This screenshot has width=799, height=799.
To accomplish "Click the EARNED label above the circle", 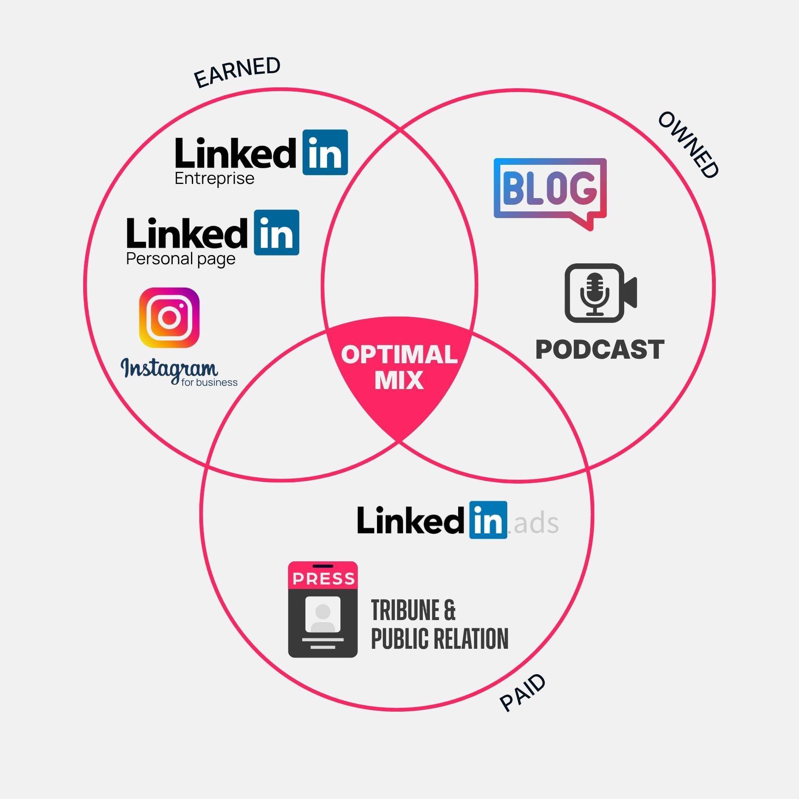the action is click(237, 72).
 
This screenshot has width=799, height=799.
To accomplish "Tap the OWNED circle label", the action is click(688, 145).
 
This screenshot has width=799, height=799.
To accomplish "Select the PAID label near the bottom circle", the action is click(523, 692).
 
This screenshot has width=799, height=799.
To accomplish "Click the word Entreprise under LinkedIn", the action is click(214, 179).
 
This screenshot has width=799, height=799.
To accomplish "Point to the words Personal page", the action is click(181, 259).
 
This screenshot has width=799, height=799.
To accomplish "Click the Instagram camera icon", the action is click(169, 318).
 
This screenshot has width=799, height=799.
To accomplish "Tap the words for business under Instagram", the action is click(209, 382).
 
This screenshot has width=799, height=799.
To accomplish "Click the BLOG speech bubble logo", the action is click(550, 189).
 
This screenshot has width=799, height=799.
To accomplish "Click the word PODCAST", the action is click(600, 349).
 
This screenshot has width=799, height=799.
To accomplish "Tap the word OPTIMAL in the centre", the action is click(399, 355).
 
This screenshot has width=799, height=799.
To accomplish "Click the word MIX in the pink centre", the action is click(399, 380).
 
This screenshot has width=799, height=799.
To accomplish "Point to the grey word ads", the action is click(536, 524).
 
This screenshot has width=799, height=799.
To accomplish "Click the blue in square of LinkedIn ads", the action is click(488, 520).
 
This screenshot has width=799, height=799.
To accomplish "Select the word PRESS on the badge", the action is click(323, 579).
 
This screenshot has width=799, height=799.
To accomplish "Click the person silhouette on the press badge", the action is click(323, 615).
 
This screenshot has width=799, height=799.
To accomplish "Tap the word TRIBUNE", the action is click(405, 610).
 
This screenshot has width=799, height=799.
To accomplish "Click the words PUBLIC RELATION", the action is click(439, 639).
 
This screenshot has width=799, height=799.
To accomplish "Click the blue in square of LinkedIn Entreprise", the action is click(325, 152).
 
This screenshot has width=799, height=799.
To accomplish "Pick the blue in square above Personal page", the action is click(276, 233).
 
